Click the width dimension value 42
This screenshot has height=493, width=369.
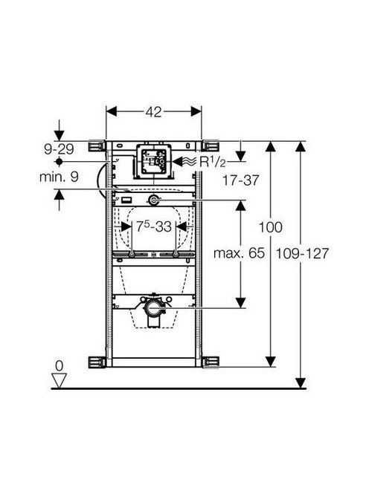pyautogui.click(x=153, y=111)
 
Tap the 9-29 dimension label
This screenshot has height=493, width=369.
pyautogui.click(x=60, y=149)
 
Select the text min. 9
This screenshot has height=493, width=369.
pyautogui.click(x=59, y=177)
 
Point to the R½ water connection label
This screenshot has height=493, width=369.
pyautogui.click(x=213, y=162)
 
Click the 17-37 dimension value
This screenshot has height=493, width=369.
pyautogui.click(x=240, y=180)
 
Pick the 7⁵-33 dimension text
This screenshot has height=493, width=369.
pyautogui.click(x=154, y=226)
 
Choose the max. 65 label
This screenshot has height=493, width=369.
pyautogui.click(x=239, y=252)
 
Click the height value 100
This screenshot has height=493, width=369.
pyautogui.click(x=270, y=227)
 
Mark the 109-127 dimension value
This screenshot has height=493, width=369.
pyautogui.click(x=303, y=253)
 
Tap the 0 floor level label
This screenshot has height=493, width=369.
pyautogui.click(x=59, y=365)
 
